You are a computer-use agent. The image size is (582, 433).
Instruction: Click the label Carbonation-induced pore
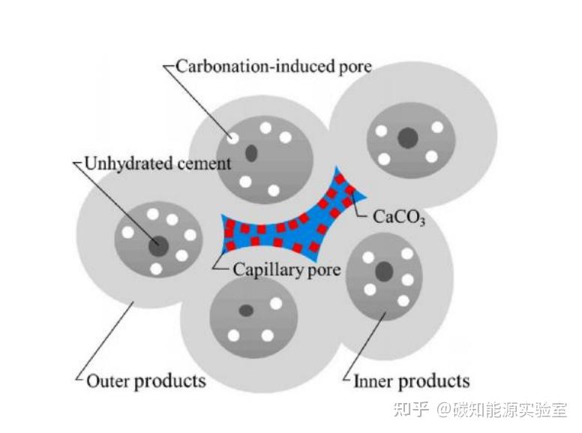[x=274, y=67]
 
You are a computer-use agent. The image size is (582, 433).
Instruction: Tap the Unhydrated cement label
[x=157, y=164]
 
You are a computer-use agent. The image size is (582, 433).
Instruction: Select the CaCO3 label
[x=399, y=217]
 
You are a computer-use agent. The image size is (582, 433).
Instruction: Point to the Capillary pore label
[x=286, y=269]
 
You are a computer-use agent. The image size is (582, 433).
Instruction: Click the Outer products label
[x=146, y=381]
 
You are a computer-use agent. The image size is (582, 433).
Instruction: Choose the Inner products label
[x=411, y=381]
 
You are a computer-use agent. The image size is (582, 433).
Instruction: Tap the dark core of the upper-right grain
[x=408, y=138]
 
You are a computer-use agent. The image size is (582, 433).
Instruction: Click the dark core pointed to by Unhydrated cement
[x=159, y=246]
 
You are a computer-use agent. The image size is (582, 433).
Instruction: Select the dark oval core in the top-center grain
[x=251, y=152]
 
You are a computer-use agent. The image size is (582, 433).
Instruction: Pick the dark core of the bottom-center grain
[x=246, y=311]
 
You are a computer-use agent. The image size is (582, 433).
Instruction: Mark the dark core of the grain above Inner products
[x=384, y=272]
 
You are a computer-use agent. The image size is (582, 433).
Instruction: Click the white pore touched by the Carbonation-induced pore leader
[x=232, y=139]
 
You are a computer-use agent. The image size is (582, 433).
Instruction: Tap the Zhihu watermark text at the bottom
[x=480, y=410]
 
